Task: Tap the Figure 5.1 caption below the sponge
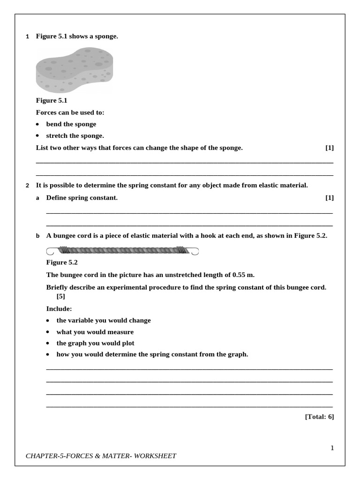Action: tap(52, 100)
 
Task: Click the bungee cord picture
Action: tap(122, 251)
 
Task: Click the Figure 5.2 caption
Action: tap(62, 262)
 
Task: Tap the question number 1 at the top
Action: tap(27, 37)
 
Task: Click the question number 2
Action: tap(27, 186)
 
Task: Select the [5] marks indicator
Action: tap(61, 296)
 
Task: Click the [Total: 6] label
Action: tap(319, 416)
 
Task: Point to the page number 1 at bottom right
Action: tap(332, 448)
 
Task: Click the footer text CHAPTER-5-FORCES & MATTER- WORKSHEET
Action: tap(101, 456)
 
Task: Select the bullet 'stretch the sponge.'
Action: tap(75, 136)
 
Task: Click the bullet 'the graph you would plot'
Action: tap(95, 343)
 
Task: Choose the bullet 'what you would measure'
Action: tap(95, 332)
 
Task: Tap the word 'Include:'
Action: tap(59, 309)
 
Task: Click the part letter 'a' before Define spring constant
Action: tap(38, 198)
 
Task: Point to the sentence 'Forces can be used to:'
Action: tap(70, 112)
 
